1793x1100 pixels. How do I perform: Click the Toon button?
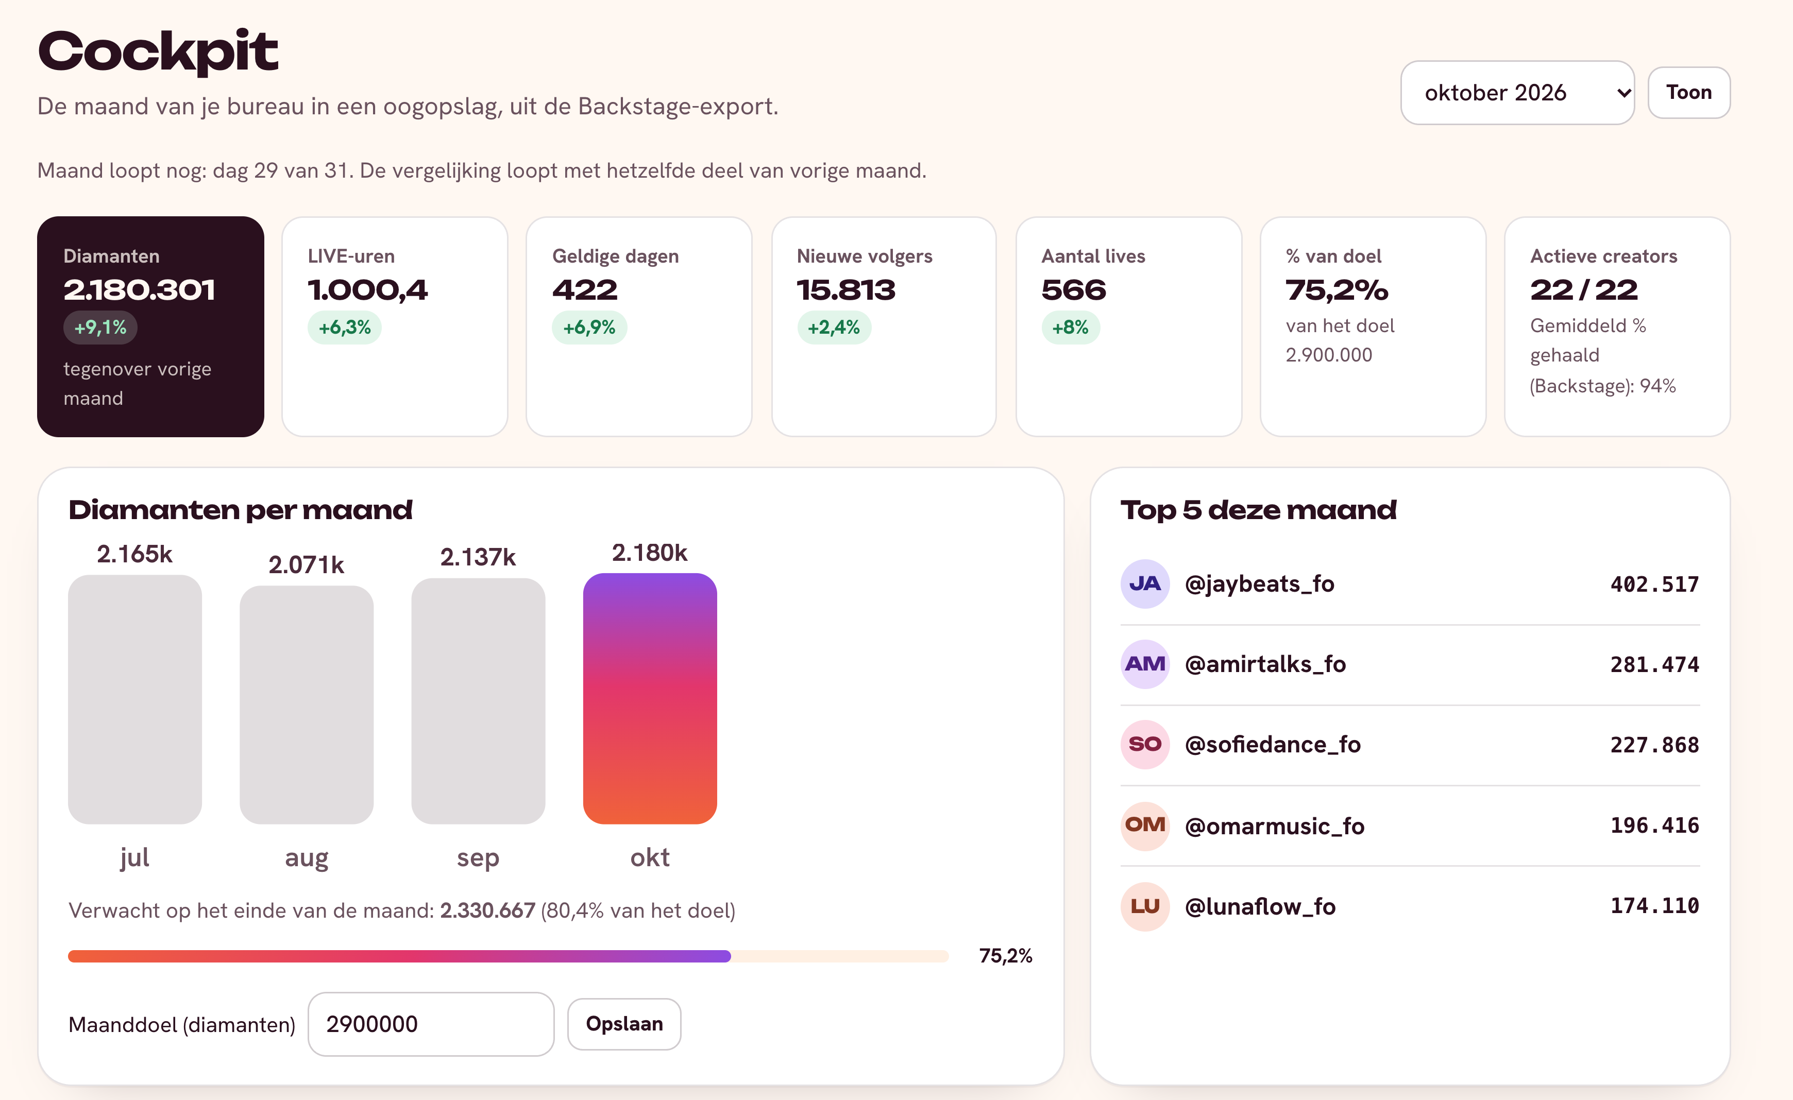[x=1688, y=92]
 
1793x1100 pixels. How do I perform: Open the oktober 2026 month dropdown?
[x=1517, y=92]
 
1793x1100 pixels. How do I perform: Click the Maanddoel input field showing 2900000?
[x=431, y=1024]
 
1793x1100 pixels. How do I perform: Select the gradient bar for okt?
[x=650, y=698]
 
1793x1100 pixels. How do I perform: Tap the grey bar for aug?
[x=307, y=704]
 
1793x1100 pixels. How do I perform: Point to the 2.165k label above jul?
[x=134, y=554]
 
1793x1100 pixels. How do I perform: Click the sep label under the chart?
[x=478, y=858]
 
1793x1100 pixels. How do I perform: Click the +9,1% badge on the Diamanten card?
[x=100, y=328]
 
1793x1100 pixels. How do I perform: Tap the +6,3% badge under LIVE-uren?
[x=345, y=328]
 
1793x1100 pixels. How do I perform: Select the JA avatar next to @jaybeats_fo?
[x=1145, y=583]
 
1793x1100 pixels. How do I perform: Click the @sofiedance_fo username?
[x=1273, y=744]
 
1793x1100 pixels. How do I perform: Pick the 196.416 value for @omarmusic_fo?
[x=1655, y=825]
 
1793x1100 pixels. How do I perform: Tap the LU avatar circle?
[x=1145, y=906]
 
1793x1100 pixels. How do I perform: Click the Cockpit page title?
[x=158, y=51]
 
